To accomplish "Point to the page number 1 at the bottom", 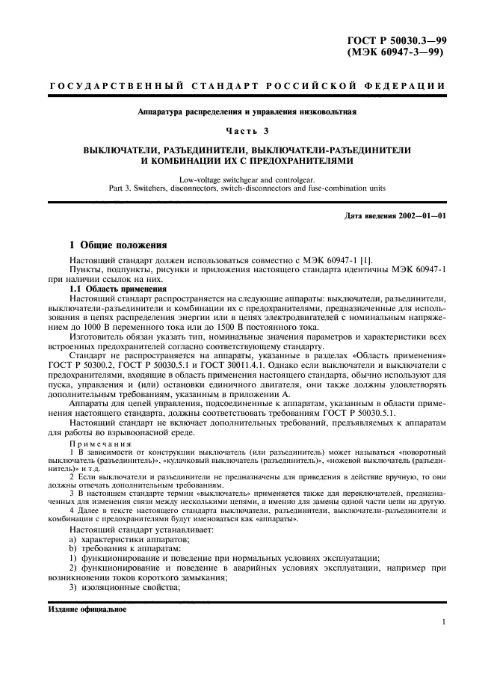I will (443, 622).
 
